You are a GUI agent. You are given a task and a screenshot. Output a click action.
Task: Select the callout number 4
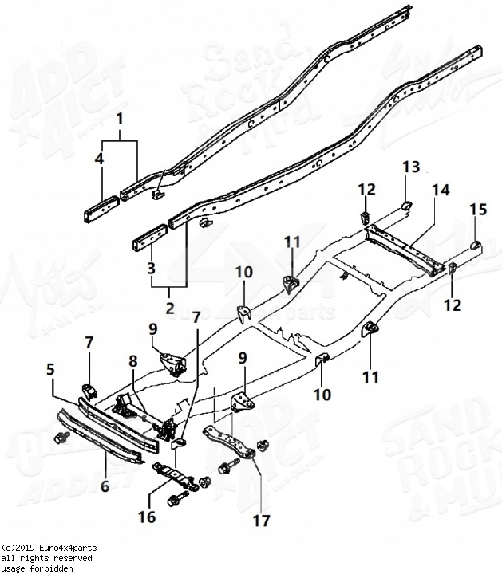[99, 159]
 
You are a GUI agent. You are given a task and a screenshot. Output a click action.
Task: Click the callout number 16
[147, 517]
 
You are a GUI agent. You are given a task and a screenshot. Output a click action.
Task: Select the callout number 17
[261, 522]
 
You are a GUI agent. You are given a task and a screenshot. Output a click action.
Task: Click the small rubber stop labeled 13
[405, 205]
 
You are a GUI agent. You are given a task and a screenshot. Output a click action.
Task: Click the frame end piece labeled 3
[149, 239]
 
